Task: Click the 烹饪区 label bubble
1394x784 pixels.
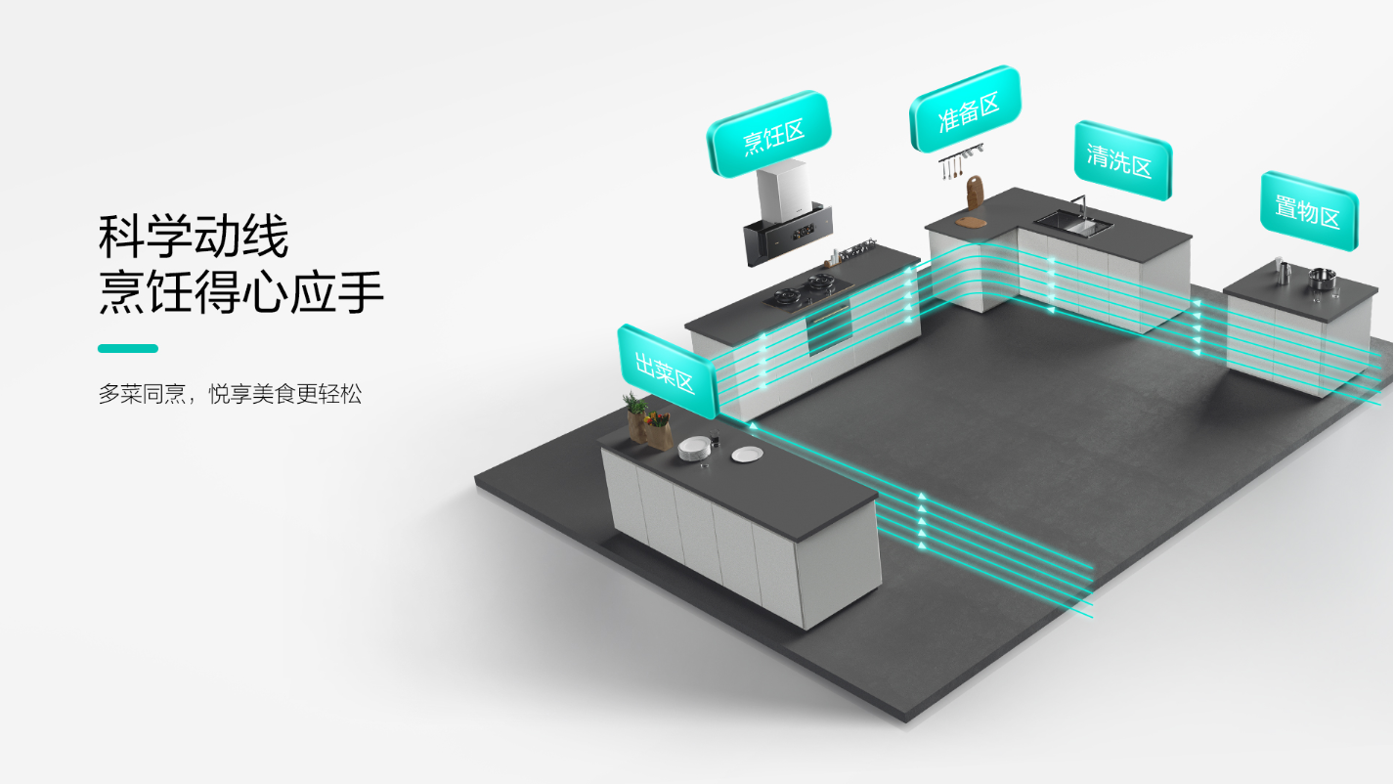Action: pyautogui.click(x=769, y=134)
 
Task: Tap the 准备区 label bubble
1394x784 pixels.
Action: pyautogui.click(x=966, y=109)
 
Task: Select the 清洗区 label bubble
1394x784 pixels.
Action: pyautogui.click(x=1122, y=160)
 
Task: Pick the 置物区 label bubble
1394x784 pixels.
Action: pyautogui.click(x=1309, y=211)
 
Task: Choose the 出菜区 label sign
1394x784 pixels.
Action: pyautogui.click(x=667, y=371)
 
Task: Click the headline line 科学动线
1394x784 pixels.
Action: pyautogui.click(x=193, y=236)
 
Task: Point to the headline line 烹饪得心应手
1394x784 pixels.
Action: pyautogui.click(x=240, y=292)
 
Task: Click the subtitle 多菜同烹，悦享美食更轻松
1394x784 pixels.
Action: pyautogui.click(x=230, y=395)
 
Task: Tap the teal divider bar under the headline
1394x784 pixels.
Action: pyautogui.click(x=128, y=348)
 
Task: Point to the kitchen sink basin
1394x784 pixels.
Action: pyautogui.click(x=1073, y=222)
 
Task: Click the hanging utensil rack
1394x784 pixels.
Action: pyautogui.click(x=960, y=161)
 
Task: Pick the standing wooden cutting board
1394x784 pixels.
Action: pyautogui.click(x=975, y=193)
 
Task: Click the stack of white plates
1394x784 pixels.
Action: pyautogui.click(x=694, y=449)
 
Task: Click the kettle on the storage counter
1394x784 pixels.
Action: pyautogui.click(x=1283, y=272)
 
